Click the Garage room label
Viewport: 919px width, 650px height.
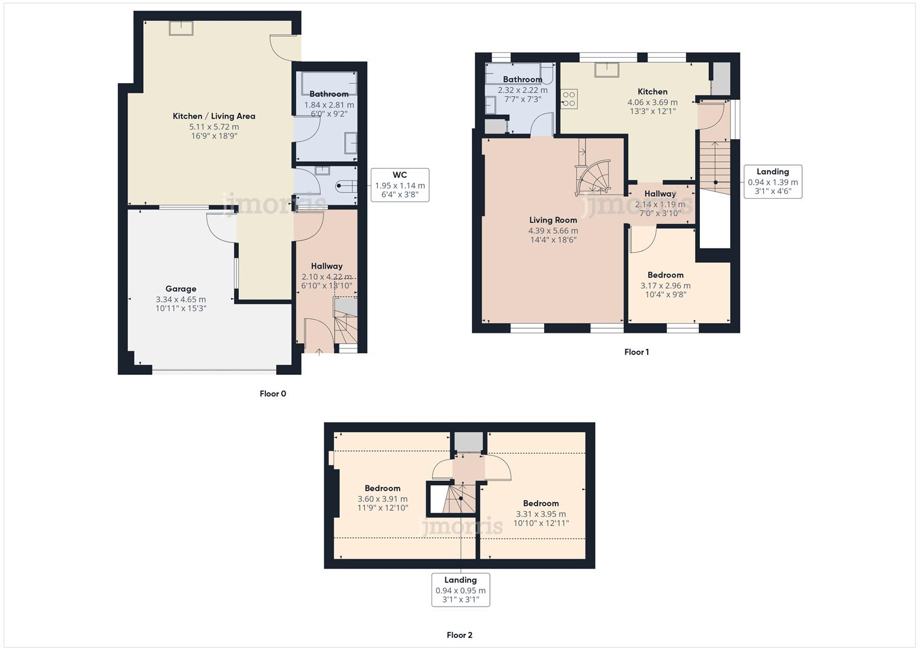point(181,289)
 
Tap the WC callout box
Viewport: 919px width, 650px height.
point(400,185)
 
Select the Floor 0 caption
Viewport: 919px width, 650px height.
point(273,394)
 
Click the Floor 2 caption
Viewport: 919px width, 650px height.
point(459,635)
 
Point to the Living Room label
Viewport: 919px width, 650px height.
point(552,220)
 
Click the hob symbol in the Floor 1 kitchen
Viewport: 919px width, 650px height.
point(569,99)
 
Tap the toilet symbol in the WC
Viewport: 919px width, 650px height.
point(345,186)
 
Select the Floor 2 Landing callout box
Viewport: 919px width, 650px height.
point(460,590)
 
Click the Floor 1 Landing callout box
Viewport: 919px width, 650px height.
point(773,181)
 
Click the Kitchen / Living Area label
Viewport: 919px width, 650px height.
point(214,116)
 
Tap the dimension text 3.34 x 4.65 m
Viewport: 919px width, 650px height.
point(181,299)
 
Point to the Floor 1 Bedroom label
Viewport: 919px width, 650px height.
point(665,275)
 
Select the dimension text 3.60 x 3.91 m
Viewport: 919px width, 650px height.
point(382,499)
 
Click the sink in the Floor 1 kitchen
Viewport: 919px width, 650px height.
point(607,70)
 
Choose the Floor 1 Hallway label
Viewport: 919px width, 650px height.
point(660,194)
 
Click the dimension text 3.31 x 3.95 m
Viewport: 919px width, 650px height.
point(540,514)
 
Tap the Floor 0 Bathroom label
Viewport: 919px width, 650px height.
point(329,94)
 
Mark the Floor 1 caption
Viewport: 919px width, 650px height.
point(636,352)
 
